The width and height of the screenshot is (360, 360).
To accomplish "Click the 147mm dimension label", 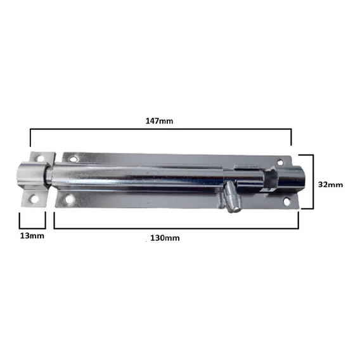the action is pyautogui.click(x=159, y=121).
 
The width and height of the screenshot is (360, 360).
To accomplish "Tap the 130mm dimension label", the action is pyautogui.click(x=165, y=238).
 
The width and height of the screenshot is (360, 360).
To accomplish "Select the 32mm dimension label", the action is pyautogui.click(x=330, y=184).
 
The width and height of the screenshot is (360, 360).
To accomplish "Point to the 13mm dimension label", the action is pyautogui.click(x=32, y=236).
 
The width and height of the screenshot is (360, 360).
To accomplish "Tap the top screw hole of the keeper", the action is pyautogui.click(x=41, y=158).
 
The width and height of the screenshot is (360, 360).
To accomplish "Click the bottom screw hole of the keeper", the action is pyautogui.click(x=34, y=199).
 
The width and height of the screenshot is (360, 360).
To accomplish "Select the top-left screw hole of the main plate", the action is pyautogui.click(x=74, y=158).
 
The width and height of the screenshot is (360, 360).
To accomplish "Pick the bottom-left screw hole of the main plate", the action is pyautogui.click(x=69, y=199).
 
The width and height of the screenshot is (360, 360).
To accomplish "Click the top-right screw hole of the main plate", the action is pyautogui.click(x=280, y=162).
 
